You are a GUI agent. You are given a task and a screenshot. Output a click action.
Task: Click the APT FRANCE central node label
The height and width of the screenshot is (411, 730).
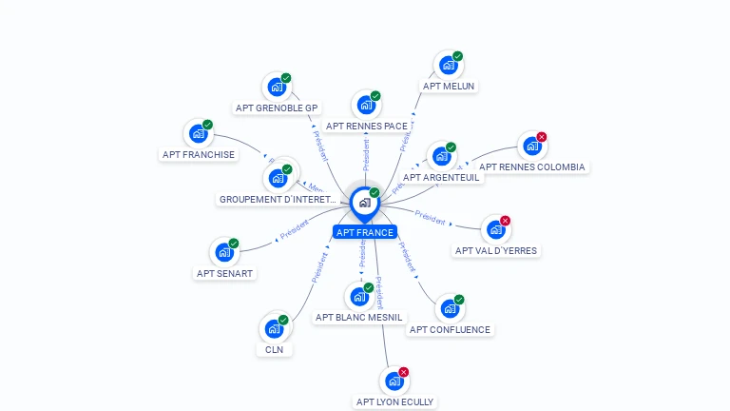pos(365,232)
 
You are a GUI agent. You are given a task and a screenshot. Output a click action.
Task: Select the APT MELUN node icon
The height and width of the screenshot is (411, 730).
pos(447,66)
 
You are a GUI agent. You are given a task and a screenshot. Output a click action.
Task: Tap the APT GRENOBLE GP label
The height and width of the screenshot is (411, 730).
pos(277,108)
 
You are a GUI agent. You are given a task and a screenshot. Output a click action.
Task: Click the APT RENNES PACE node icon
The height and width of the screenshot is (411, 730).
pos(365,106)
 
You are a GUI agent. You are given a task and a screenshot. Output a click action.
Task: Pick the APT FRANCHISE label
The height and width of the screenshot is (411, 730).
pos(199,154)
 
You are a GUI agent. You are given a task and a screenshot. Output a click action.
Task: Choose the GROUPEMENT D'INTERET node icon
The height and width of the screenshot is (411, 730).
pos(278,178)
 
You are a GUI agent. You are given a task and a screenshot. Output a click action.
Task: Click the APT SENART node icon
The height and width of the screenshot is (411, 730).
pos(224,252)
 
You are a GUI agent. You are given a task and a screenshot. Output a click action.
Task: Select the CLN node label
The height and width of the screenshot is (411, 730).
pos(275,349)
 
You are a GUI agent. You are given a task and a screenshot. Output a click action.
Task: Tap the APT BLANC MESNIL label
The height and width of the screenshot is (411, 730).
pos(359,317)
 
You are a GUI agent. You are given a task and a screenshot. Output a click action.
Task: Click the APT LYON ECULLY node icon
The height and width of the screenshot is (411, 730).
pos(394,382)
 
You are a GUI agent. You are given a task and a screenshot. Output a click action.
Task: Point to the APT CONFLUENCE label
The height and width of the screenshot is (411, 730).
pos(450,330)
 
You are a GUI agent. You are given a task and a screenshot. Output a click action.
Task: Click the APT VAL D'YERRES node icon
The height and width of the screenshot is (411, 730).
pos(494,229)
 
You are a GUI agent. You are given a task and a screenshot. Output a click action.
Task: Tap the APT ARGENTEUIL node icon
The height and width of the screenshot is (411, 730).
pos(440,157)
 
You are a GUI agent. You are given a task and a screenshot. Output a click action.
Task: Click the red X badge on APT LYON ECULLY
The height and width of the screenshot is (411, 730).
pos(404,372)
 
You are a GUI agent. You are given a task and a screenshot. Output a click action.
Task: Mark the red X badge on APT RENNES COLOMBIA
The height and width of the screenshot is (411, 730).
pos(542,137)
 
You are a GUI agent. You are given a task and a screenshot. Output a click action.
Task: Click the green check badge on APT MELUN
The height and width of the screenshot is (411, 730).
pos(457,56)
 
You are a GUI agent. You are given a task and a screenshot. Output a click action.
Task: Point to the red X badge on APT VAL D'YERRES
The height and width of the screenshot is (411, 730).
pos(505,221)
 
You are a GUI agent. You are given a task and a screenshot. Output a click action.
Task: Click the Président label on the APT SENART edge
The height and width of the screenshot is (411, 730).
pos(294,228)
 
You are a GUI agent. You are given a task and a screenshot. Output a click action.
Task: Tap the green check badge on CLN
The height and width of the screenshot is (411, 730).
pos(283,320)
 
